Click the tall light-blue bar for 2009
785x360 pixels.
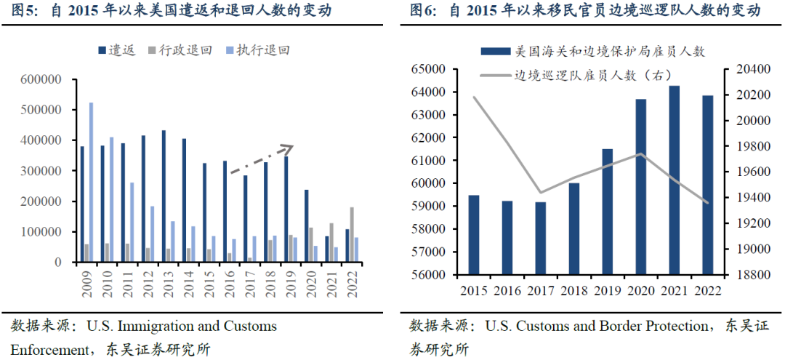91,182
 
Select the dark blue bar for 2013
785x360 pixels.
164,196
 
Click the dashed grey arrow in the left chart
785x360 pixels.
262,159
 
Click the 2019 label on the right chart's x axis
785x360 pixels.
607,290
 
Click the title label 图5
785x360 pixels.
23,11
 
